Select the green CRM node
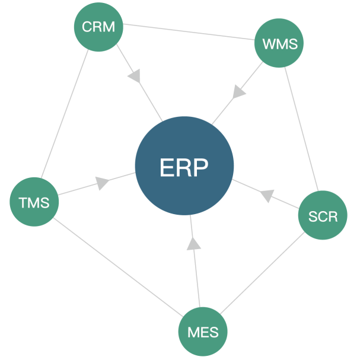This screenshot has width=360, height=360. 98,27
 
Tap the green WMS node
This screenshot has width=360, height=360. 279,43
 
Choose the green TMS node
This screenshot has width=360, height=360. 34,202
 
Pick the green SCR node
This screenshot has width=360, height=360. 323,215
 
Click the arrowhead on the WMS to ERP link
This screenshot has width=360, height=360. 239,92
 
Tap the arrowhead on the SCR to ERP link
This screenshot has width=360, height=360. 267,195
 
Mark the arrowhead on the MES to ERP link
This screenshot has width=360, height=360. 193,243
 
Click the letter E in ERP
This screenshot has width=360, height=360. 167,168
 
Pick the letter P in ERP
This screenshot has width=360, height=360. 201,168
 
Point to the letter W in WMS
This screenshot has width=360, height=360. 267,44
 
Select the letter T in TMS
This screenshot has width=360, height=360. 23,203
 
